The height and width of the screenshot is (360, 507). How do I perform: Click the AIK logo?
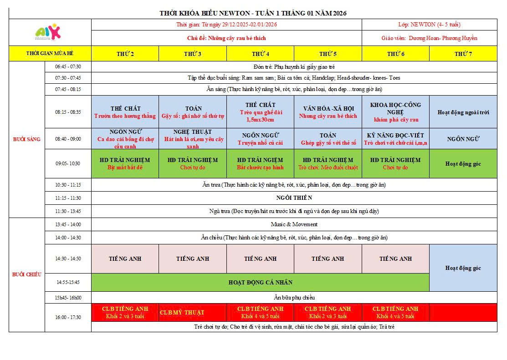(48, 32)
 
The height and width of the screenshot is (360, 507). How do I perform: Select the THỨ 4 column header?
(260, 54)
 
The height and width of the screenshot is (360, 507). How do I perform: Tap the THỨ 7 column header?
(463, 54)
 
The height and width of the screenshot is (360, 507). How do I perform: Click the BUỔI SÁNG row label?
(26, 139)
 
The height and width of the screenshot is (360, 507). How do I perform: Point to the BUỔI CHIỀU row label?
(26, 274)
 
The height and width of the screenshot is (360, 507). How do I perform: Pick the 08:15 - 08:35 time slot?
(68, 112)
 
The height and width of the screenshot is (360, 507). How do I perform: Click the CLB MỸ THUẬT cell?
(182, 313)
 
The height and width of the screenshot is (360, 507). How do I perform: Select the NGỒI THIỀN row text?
(294, 198)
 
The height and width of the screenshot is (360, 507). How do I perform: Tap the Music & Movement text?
(294, 224)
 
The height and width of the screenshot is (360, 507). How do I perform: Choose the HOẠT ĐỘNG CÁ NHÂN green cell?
(260, 282)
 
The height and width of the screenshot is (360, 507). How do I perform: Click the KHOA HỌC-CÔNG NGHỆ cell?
(395, 112)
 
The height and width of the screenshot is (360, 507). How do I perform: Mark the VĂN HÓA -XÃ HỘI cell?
(328, 112)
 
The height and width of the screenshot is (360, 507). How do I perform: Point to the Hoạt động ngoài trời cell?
(463, 112)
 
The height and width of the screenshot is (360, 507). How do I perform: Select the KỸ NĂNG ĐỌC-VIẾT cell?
(395, 139)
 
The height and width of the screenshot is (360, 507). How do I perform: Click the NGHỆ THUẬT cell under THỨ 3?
(193, 139)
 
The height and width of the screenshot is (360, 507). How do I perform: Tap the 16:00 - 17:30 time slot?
(68, 317)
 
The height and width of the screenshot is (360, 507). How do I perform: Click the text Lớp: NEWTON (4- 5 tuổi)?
(429, 25)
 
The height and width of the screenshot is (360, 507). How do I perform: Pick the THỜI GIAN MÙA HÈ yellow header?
(50, 54)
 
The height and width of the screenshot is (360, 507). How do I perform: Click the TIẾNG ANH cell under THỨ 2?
(125, 259)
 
